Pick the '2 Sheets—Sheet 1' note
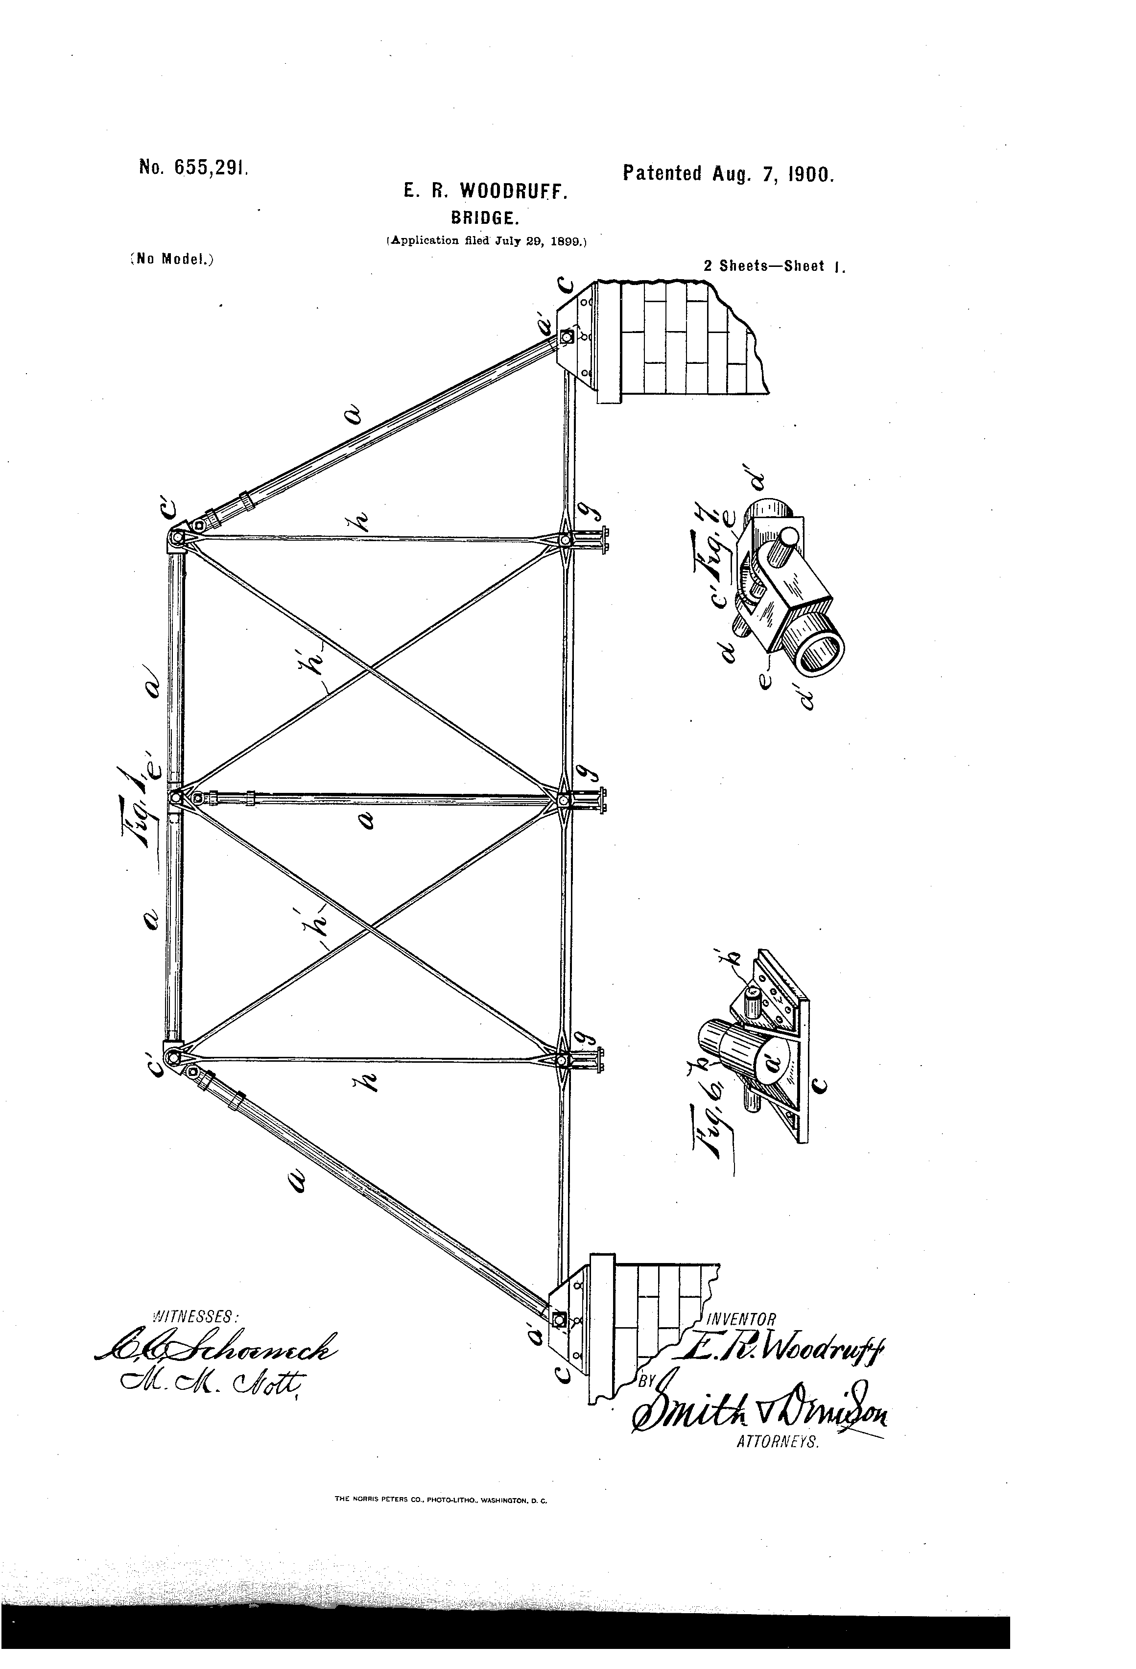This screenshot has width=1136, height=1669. (775, 266)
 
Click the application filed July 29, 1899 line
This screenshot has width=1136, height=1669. (487, 240)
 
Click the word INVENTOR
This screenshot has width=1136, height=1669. (742, 1318)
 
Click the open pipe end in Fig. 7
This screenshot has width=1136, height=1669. (821, 653)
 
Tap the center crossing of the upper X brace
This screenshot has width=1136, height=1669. (370, 669)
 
